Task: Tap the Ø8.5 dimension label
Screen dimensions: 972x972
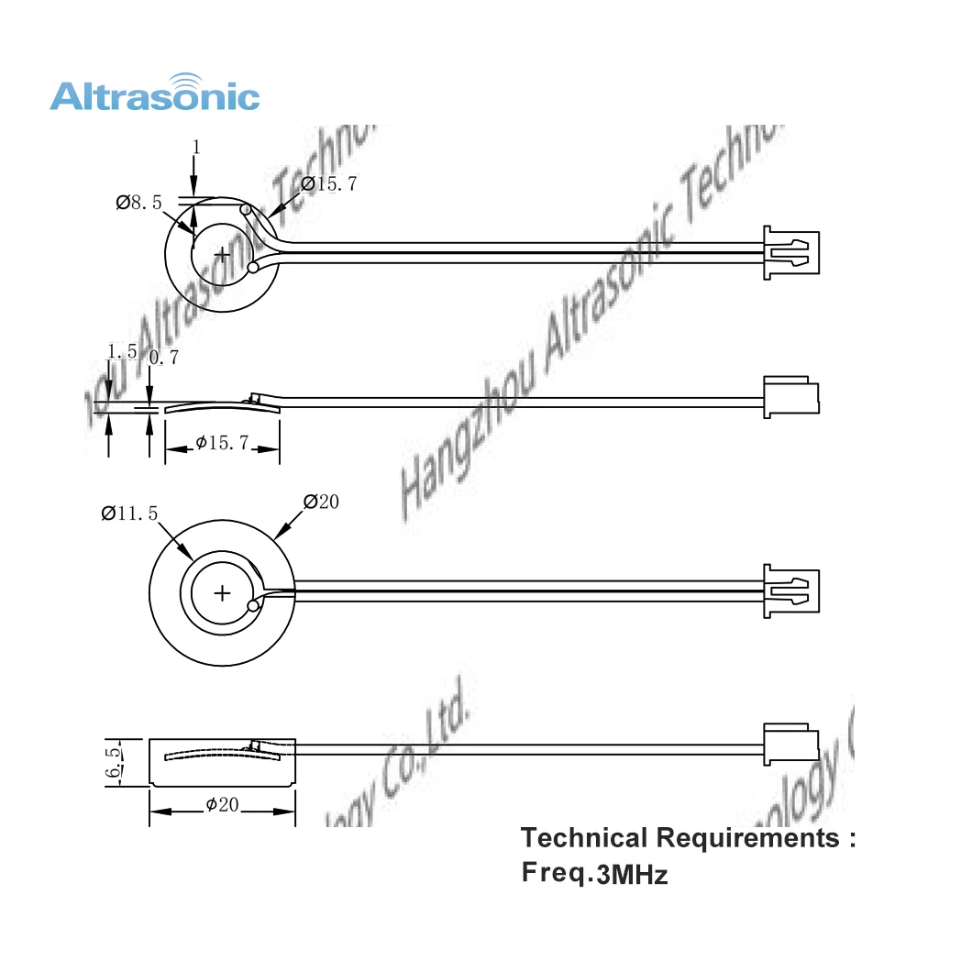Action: point(138,204)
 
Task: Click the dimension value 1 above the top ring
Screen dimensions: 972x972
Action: point(195,147)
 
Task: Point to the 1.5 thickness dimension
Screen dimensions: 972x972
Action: point(122,352)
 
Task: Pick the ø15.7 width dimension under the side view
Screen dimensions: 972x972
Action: point(222,444)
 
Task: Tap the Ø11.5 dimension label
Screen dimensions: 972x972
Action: point(129,514)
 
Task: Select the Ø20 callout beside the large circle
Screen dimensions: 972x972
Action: point(321,502)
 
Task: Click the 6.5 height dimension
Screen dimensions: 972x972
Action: point(114,761)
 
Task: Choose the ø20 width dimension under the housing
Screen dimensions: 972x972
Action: point(222,804)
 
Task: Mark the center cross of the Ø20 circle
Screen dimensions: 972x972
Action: point(222,592)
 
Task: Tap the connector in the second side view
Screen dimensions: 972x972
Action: point(790,395)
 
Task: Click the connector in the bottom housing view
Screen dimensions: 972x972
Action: point(790,744)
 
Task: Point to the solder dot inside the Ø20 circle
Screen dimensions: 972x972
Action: point(253,606)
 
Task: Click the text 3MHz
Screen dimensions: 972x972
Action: point(633,876)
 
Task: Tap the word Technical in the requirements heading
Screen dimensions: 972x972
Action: point(582,837)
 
